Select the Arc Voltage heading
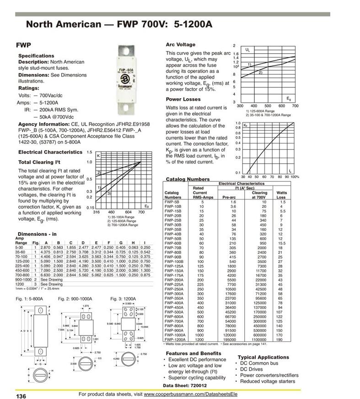click(180, 45)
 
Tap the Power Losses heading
click(183, 99)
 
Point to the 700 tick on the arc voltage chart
click(295, 106)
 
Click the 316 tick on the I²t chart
click(97, 212)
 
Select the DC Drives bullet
click(252, 369)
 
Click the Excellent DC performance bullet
click(197, 360)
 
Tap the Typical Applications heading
click(263, 357)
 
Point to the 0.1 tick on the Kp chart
click(238, 172)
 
